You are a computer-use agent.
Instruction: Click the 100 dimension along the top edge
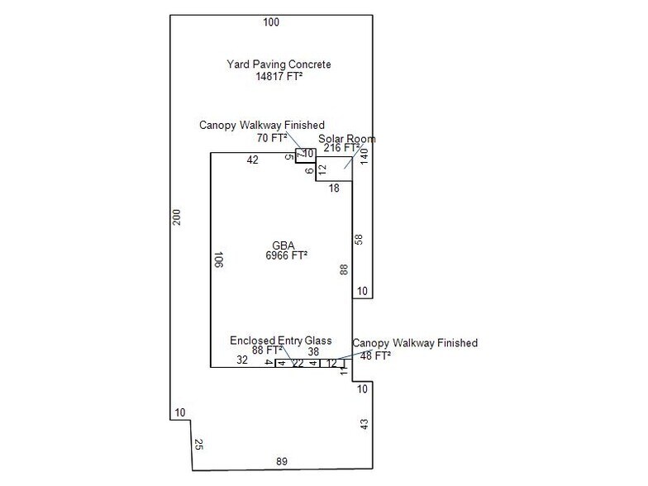tap(271, 21)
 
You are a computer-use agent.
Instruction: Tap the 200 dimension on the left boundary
tap(177, 217)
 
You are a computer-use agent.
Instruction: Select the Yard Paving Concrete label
tap(279, 64)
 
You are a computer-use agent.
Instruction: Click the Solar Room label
tap(347, 139)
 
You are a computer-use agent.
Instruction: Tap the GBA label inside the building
tap(282, 245)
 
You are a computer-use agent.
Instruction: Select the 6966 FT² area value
tap(282, 256)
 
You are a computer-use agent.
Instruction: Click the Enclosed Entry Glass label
tap(281, 341)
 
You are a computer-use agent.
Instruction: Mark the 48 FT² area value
tap(375, 355)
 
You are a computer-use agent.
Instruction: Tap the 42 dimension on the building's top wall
tap(252, 160)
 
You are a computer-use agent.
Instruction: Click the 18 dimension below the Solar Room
tap(334, 188)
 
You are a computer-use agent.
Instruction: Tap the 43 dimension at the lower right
tap(364, 425)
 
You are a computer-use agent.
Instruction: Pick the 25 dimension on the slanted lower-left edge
tap(198, 445)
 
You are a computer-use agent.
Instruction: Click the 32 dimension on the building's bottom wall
tap(242, 360)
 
